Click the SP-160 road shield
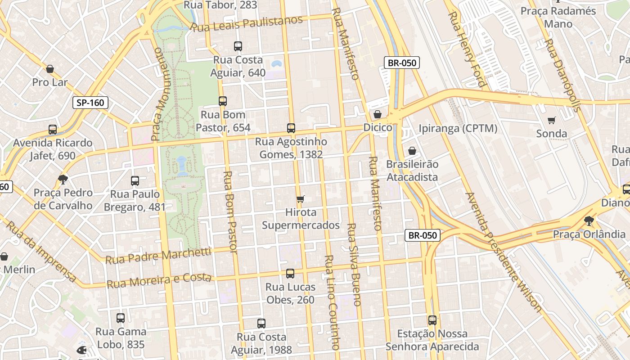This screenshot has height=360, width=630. point(90,103)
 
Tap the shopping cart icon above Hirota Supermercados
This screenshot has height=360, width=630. point(301,199)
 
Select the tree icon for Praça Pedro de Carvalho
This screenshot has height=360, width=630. point(63,180)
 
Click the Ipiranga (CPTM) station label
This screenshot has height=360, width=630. point(458,129)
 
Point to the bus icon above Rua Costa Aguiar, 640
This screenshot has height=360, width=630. point(238,46)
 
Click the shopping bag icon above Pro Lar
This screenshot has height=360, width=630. point(50,69)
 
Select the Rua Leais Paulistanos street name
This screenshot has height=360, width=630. point(247,23)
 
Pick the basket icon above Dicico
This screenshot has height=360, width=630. point(378,114)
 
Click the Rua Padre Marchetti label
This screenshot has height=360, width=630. point(158,256)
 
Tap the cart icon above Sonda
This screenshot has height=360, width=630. point(552,120)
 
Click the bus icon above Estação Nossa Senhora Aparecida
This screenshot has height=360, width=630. point(432,320)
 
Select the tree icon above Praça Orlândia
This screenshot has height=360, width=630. point(589,221)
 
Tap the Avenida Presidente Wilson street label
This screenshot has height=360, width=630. point(504,252)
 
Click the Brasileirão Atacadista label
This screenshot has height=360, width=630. point(412,171)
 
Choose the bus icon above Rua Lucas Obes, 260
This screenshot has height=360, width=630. point(290,274)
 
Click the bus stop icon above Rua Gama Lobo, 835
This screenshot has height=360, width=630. point(120,318)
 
